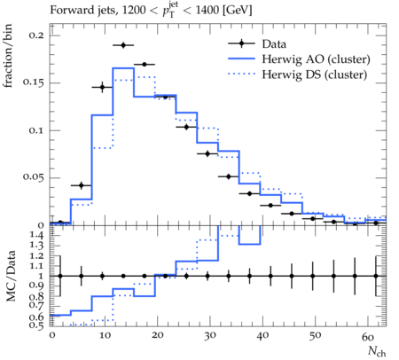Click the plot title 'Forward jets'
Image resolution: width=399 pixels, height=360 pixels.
[x=84, y=11]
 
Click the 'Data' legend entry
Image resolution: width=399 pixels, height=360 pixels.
[x=274, y=44]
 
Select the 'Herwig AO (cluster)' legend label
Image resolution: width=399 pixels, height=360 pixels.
[x=316, y=59]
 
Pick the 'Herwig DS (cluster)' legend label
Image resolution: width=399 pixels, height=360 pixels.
[x=315, y=74]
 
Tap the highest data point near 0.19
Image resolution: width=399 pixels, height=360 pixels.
[x=123, y=45]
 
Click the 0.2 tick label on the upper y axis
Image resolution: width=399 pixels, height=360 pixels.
[x=36, y=35]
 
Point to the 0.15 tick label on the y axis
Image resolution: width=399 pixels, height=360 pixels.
[x=34, y=82]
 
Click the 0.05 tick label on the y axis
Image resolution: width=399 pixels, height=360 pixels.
[x=34, y=177]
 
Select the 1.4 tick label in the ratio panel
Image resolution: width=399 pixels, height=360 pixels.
[x=36, y=235]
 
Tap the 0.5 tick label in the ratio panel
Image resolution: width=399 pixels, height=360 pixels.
[x=36, y=325]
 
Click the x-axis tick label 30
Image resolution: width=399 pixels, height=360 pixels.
[x=210, y=336]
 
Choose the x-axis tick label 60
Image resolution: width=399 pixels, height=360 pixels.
[x=368, y=336]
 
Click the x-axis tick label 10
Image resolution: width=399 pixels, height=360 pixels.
[x=105, y=336]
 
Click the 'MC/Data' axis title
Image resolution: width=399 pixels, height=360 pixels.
[x=11, y=276]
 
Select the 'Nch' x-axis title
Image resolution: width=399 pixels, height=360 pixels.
[x=377, y=351]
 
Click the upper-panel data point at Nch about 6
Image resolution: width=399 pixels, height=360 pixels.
[x=82, y=185]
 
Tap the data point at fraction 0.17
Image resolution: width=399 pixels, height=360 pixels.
[x=145, y=64]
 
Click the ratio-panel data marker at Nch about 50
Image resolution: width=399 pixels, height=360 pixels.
[x=313, y=276]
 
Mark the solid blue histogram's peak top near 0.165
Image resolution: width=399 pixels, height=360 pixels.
[x=123, y=68]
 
